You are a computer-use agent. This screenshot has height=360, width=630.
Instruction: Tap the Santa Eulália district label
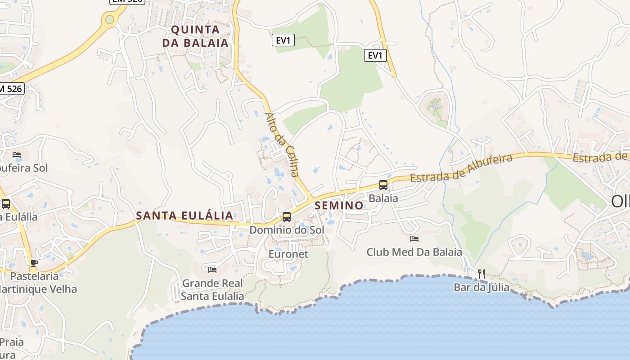click(184, 216)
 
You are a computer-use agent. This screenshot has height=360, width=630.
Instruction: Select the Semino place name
click(339, 205)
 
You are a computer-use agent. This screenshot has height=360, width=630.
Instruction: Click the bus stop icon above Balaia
click(383, 184)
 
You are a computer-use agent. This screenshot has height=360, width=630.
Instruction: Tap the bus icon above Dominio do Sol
click(287, 216)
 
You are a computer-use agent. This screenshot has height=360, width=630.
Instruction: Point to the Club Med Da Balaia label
click(414, 252)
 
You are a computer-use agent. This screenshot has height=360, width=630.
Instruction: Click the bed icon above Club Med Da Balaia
click(414, 238)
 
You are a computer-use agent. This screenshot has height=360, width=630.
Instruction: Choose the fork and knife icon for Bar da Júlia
click(481, 274)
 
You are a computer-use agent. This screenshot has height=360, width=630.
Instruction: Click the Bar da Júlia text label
click(481, 287)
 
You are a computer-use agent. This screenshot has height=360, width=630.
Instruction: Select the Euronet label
click(288, 254)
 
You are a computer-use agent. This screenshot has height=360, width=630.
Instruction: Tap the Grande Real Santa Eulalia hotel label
click(212, 290)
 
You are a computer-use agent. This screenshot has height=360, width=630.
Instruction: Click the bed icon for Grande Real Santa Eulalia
click(212, 270)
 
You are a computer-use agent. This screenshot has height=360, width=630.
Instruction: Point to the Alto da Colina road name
click(282, 144)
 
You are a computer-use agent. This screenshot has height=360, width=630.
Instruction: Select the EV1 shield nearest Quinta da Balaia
click(283, 40)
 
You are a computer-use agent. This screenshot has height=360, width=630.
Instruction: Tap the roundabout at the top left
click(109, 19)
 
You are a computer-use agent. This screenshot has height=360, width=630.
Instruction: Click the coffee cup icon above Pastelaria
click(34, 263)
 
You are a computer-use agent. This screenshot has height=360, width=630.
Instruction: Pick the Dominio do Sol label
click(287, 230)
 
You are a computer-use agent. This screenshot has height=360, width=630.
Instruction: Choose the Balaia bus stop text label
click(383, 198)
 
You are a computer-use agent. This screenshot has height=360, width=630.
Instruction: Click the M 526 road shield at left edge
click(11, 89)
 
